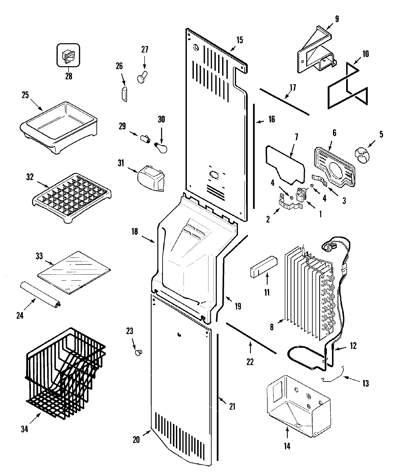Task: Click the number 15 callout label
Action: (239, 40)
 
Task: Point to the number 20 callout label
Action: (136, 439)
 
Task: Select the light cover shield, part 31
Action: (151, 178)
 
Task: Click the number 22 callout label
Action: (250, 362)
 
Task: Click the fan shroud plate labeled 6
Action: (334, 166)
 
